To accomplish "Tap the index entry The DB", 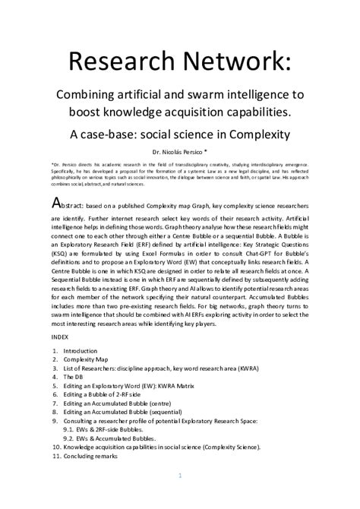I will point(75,377).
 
